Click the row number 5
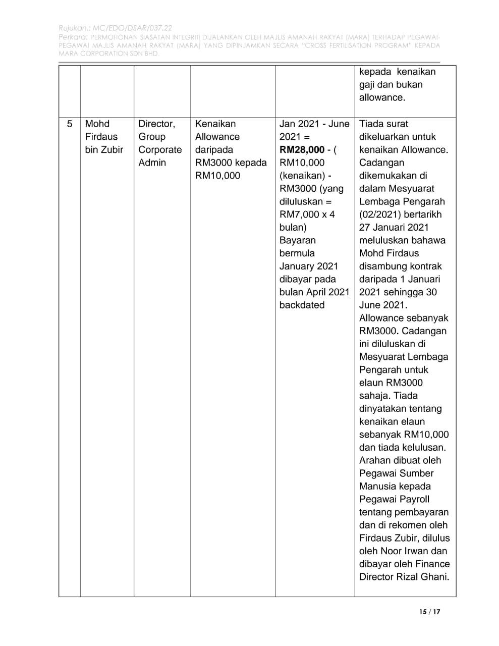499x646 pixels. tap(70, 124)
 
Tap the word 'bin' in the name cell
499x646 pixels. tap(93, 149)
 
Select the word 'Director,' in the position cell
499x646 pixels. tap(156, 124)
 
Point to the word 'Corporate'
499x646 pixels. tap(160, 149)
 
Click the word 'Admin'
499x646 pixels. tap(152, 163)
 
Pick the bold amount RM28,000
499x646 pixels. tap(302, 150)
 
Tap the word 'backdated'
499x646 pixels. tap(302, 305)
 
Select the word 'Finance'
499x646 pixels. tap(430, 564)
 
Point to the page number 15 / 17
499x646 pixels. tap(429, 612)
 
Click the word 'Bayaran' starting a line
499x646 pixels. tap(297, 240)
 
